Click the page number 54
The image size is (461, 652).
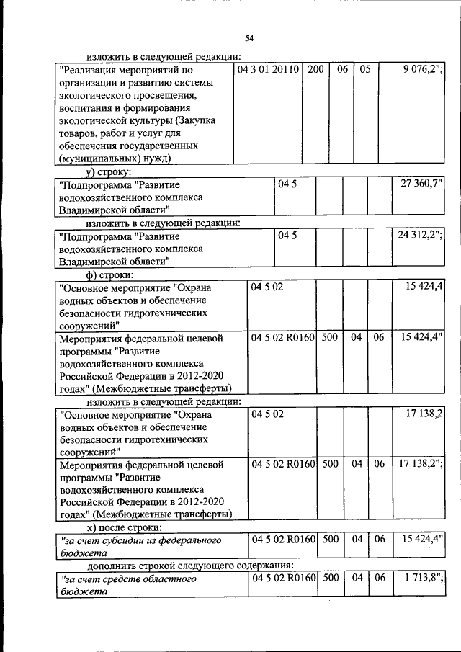249,38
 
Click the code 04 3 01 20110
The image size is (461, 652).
269,70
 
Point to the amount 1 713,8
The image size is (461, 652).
421,578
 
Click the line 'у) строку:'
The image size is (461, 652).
107,172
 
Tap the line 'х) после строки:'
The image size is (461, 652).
121,528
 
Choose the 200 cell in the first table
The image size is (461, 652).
315,70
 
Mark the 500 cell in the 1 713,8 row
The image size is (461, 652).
330,578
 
